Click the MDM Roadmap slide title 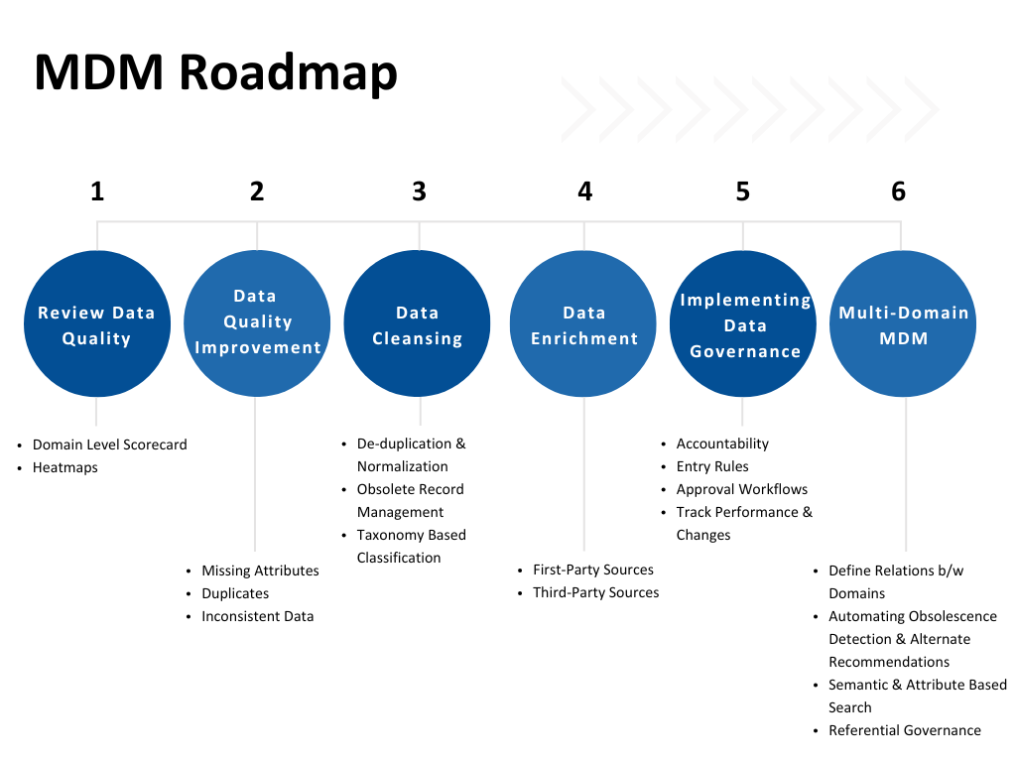point(215,73)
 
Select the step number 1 point(97,190)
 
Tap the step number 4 point(584,190)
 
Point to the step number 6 point(899,190)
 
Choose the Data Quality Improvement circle point(257,322)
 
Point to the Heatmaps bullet point(65,467)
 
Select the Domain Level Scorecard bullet point(109,444)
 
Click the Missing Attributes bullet point(260,571)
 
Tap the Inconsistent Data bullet point(257,616)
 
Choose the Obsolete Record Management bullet point(410,500)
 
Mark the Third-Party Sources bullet point(595,592)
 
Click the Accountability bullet point(722,444)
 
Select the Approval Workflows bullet point(741,489)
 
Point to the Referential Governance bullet point(904,730)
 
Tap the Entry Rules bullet point(712,466)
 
